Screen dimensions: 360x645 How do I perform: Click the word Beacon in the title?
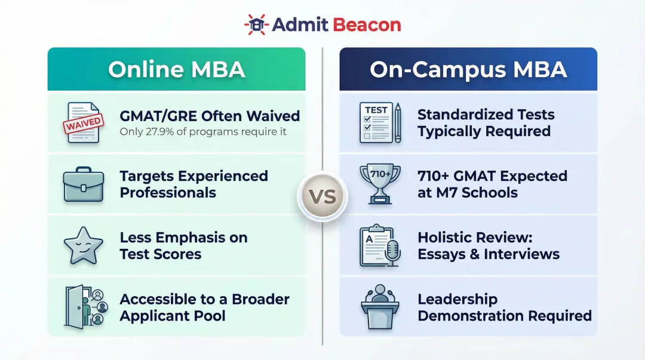point(365,25)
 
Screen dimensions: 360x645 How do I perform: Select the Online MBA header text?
point(176,69)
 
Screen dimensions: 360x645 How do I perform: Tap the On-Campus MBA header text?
point(468,69)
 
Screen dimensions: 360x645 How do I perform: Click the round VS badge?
point(322,196)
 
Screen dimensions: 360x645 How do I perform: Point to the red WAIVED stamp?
point(83,126)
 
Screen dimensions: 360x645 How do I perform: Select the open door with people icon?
point(84,306)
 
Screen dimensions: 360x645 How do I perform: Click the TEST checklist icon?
point(374,122)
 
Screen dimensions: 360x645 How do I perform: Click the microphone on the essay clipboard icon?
point(392,250)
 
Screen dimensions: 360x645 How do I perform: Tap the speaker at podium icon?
point(380,306)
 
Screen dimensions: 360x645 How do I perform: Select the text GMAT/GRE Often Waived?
point(210,115)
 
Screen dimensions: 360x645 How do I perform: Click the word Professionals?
point(168,193)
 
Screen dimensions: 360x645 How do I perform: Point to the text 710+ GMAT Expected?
point(492,176)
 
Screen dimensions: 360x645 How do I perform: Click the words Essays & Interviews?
point(489,254)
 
